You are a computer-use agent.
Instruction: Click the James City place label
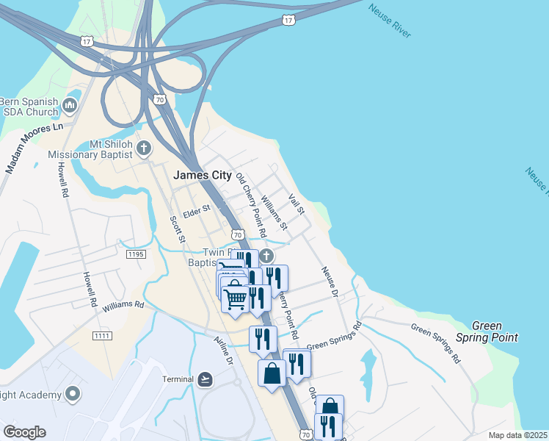(202, 176)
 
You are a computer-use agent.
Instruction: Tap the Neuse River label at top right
(389, 18)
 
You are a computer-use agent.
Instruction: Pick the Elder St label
(197, 209)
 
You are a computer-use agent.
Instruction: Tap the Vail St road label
(297, 204)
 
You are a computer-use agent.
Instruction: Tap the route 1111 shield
(102, 336)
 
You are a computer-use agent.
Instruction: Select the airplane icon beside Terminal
(206, 379)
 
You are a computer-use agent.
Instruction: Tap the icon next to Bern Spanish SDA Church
(71, 106)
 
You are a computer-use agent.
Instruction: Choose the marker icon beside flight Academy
(72, 395)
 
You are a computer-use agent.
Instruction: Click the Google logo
(24, 432)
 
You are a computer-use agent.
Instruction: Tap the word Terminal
(178, 379)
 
